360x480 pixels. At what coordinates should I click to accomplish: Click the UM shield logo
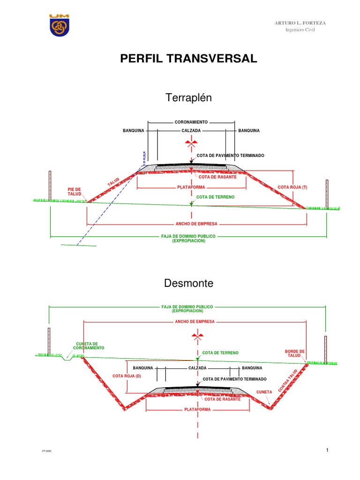coord(59,25)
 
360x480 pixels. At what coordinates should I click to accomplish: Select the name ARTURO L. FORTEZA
coord(300,23)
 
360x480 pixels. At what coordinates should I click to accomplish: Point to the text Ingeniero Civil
coord(300,30)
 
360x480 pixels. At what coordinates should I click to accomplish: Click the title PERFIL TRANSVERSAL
coord(189,59)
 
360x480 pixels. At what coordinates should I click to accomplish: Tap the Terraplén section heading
coord(189,97)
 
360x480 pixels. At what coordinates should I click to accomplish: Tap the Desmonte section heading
coord(189,283)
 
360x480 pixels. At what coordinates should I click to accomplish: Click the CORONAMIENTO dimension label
coord(191,122)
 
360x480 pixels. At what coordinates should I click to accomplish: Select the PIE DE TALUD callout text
coord(75,192)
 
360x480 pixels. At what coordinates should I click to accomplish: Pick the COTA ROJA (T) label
coord(292,187)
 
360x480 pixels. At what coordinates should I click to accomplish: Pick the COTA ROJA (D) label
coord(127,376)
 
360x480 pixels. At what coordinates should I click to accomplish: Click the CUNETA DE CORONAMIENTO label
coord(89,346)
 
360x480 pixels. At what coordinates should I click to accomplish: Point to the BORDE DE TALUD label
coord(295,353)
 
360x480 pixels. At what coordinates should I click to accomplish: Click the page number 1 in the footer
coord(327,450)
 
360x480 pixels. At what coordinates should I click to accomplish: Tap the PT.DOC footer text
coord(46,451)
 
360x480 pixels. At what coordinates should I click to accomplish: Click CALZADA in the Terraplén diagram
coord(191,130)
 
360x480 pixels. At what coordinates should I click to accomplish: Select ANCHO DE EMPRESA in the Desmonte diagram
coord(195,322)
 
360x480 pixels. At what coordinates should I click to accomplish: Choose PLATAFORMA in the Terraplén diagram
coord(191,187)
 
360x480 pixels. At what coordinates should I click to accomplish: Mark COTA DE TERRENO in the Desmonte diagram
coord(220,352)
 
